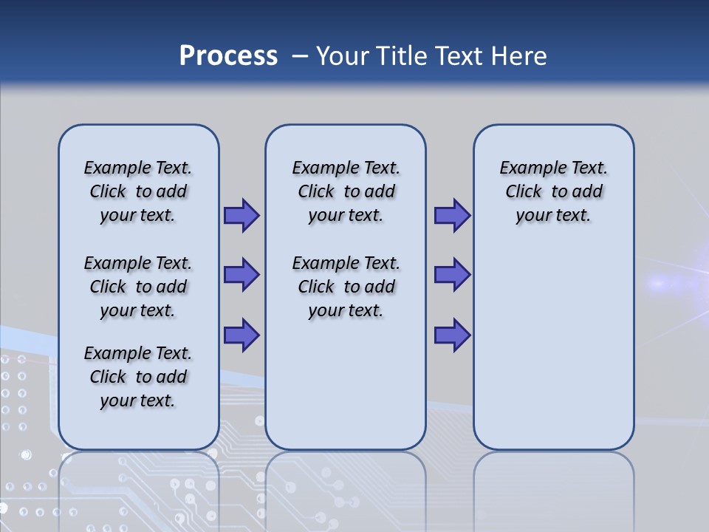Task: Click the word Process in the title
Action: tap(228, 55)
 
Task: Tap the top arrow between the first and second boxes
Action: tap(242, 215)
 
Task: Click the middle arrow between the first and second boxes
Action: tap(242, 275)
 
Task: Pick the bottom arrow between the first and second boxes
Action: tap(242, 335)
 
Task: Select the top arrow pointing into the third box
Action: tap(452, 215)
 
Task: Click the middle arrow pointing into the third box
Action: tap(452, 275)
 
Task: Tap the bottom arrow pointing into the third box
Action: tap(452, 335)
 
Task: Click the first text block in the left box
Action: tap(138, 191)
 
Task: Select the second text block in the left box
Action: tap(138, 287)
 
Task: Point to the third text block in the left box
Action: tap(138, 377)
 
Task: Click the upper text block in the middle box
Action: tap(346, 191)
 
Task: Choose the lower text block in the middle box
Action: tap(346, 287)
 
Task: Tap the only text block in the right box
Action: tap(553, 191)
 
